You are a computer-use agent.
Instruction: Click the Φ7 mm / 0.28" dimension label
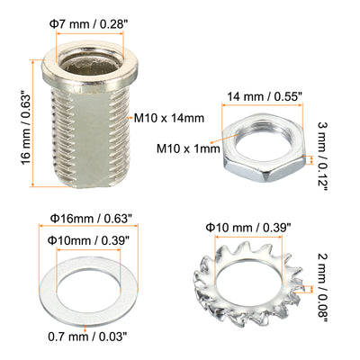91,24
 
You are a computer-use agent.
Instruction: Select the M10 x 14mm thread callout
169,118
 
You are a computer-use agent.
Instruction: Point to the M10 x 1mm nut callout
188,148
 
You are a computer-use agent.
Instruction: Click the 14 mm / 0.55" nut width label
264,97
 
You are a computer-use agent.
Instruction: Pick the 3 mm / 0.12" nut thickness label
322,156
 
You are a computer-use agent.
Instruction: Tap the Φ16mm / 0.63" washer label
91,219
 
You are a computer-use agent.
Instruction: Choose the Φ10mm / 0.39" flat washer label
89,240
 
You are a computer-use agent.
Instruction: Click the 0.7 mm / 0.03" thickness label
86,337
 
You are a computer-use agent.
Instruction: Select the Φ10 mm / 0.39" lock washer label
248,228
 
